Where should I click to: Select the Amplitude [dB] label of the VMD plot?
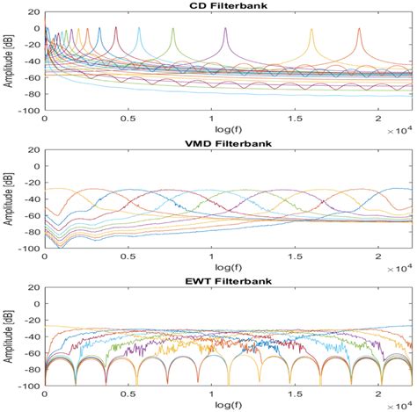[x=8, y=199]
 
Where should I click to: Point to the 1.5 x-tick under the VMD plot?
[x=295, y=257]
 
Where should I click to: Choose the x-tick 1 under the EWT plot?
[x=212, y=393]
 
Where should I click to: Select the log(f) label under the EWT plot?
[x=227, y=404]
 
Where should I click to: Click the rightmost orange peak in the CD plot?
[x=359, y=28]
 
